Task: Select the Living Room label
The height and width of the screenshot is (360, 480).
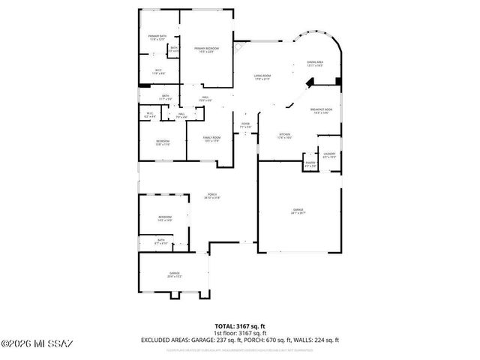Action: tap(261, 77)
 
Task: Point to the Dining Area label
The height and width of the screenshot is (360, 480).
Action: tap(315, 64)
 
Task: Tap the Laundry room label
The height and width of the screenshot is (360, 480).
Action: tap(329, 155)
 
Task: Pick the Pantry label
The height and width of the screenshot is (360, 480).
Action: tap(310, 163)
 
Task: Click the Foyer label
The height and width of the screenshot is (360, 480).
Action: tap(245, 126)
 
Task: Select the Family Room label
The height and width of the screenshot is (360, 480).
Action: tap(211, 139)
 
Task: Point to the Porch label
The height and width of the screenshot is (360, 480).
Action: tap(213, 196)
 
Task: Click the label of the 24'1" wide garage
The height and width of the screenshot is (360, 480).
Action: tap(298, 211)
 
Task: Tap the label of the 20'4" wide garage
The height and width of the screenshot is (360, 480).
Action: tap(175, 275)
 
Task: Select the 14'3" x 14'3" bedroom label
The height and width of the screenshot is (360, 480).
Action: tap(165, 218)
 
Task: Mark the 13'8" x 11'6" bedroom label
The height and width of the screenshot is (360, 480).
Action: tap(163, 143)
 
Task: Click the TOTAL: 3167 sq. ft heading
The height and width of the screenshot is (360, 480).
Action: tap(240, 325)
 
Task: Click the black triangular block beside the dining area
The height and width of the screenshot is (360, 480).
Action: tap(339, 81)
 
